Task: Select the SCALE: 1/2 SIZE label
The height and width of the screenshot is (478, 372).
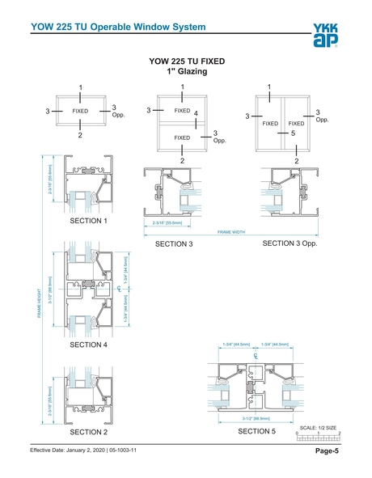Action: coord(318,427)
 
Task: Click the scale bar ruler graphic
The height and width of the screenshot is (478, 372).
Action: coord(318,437)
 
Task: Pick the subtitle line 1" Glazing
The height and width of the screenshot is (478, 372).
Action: coord(187,72)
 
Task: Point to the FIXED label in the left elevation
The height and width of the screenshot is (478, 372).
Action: coord(80,111)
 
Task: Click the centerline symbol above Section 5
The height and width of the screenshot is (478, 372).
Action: coord(255,356)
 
